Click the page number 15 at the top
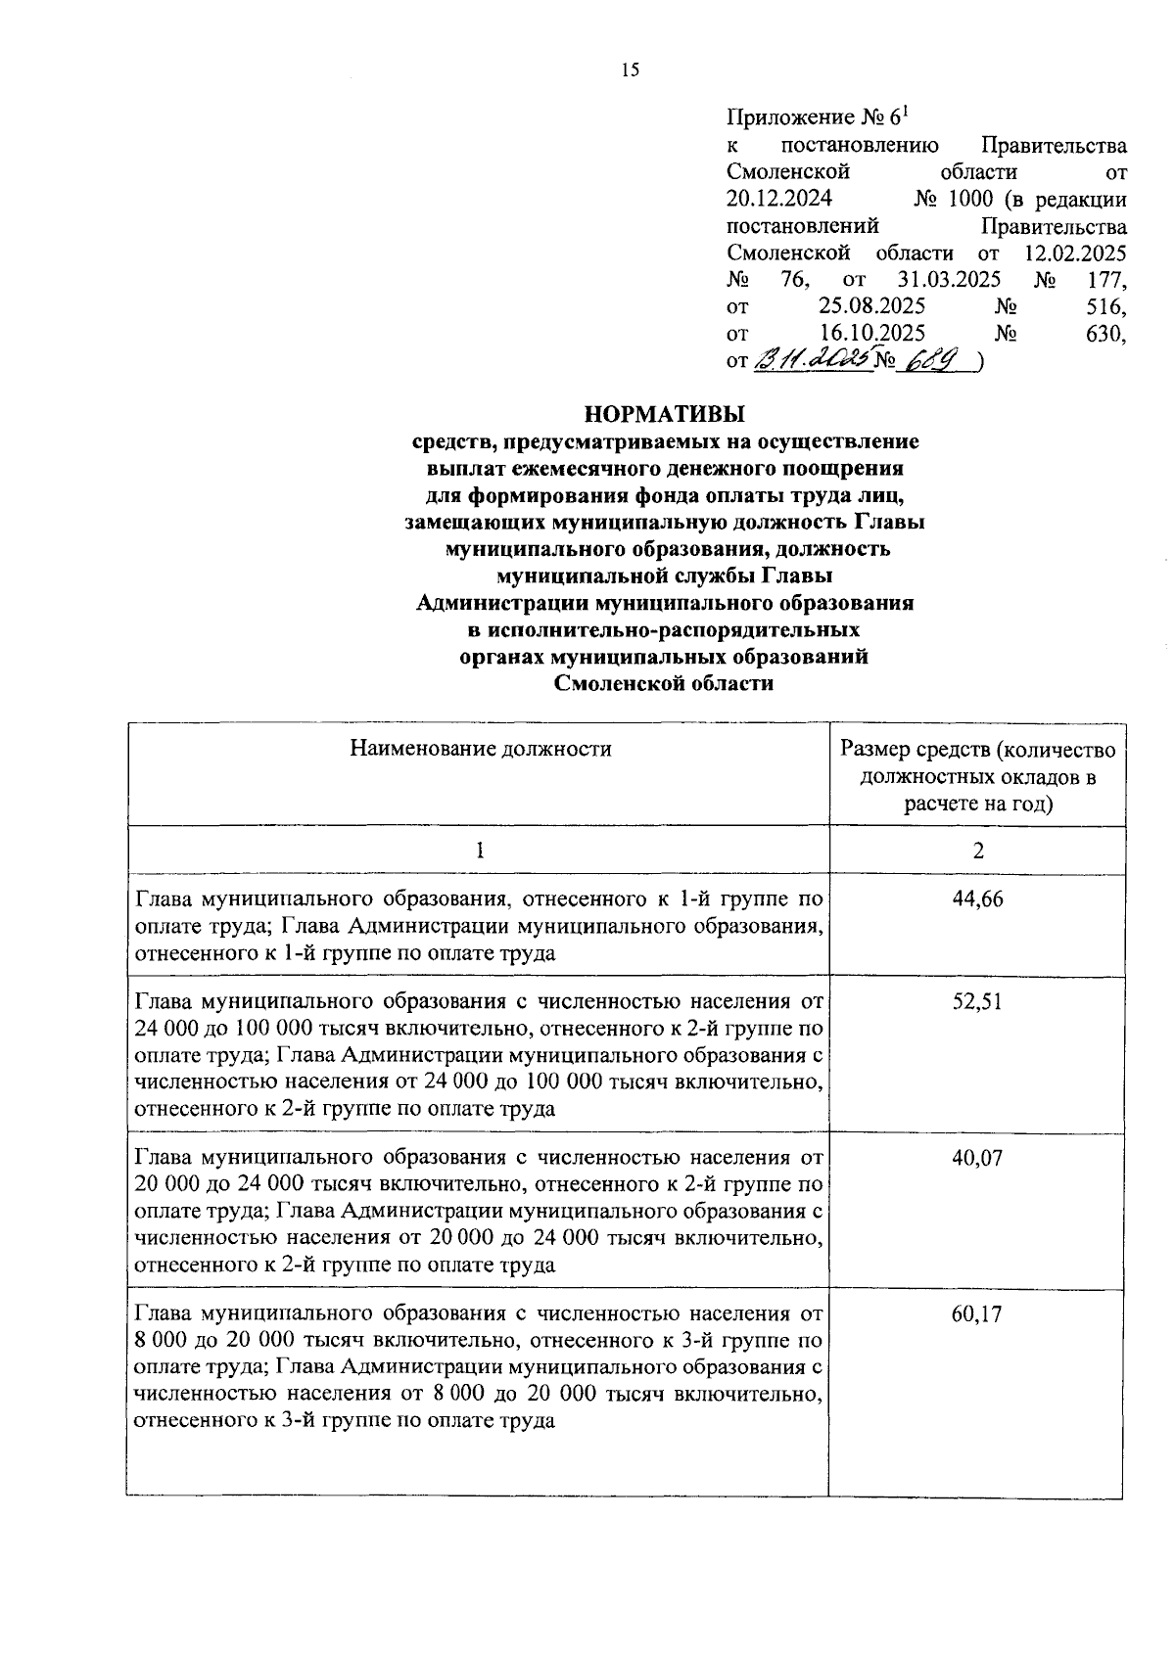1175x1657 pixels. (630, 69)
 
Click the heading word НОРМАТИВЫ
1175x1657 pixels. (664, 414)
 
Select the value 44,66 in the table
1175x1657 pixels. (977, 898)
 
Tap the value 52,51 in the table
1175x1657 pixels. (977, 1001)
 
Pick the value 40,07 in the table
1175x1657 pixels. (977, 1158)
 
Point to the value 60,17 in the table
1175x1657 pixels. (977, 1313)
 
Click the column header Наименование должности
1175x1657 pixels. (481, 750)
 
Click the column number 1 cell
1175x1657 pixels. (479, 851)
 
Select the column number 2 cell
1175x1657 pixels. (977, 851)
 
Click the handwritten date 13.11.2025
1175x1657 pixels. (813, 360)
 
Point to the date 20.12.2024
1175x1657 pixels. (779, 200)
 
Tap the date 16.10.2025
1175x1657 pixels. (872, 334)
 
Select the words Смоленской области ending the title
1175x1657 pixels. (664, 684)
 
